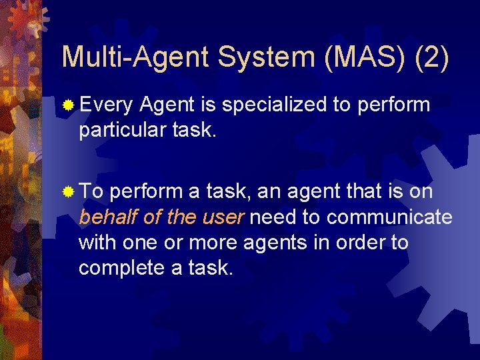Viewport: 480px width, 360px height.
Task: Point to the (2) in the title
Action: (432, 58)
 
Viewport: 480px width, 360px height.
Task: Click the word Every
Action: (107, 105)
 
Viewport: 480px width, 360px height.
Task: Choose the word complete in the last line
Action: (121, 267)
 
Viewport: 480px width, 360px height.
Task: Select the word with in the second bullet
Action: (97, 242)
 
